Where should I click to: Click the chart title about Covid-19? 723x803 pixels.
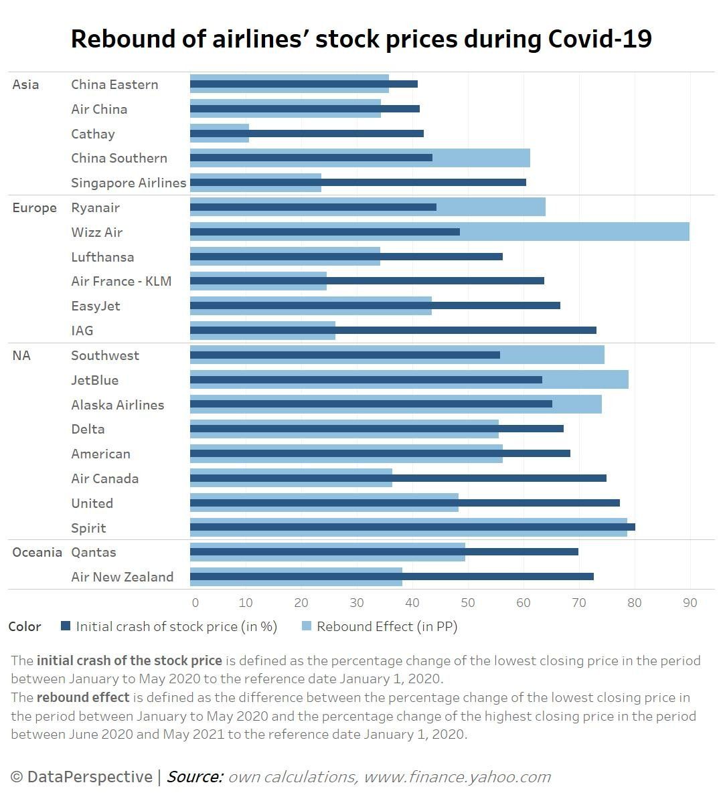coord(361,39)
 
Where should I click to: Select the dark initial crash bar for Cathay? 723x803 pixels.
coord(335,134)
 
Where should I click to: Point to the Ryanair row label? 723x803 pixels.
coord(95,207)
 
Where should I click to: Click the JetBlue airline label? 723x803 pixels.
coord(94,380)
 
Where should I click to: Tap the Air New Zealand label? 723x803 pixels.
coord(122,577)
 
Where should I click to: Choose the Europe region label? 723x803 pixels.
coord(34,207)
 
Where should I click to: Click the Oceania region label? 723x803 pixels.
coord(37,552)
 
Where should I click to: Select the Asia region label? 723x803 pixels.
coord(25,84)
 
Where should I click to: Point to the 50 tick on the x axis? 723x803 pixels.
coord(467,602)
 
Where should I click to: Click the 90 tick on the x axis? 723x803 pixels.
coord(690,602)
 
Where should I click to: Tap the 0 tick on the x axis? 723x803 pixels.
coord(195,602)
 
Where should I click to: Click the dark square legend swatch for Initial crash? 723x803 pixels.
coord(66,626)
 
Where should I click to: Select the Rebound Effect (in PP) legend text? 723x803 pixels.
coord(387,626)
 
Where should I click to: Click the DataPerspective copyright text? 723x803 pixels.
coord(82,777)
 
